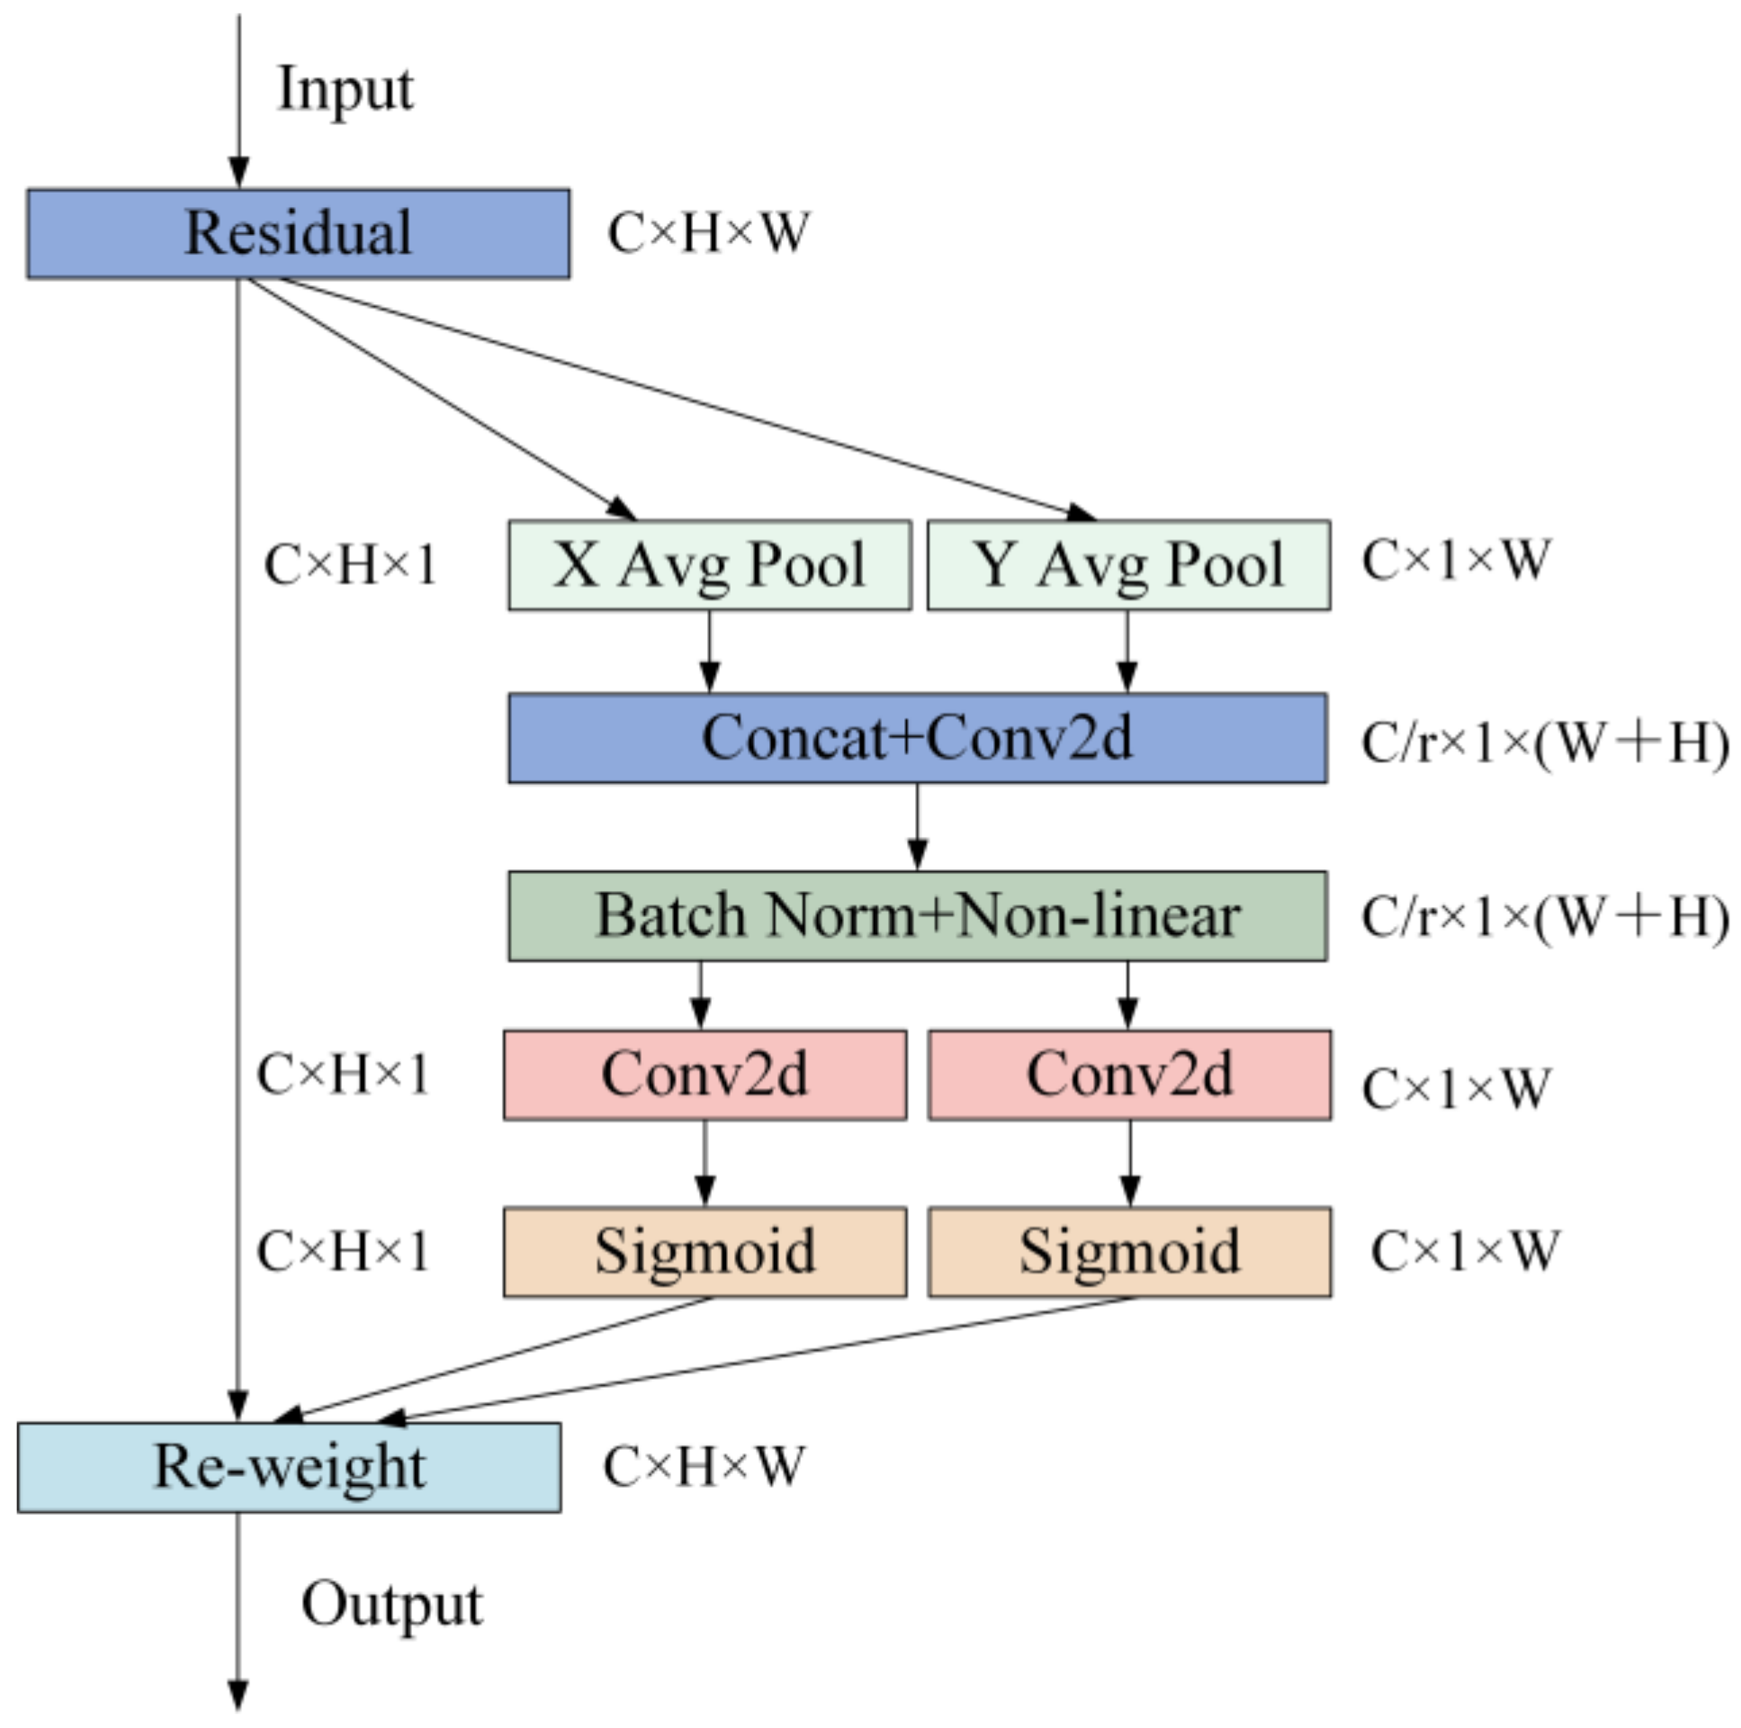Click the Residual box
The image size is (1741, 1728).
click(x=298, y=233)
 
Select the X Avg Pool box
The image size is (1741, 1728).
click(x=709, y=565)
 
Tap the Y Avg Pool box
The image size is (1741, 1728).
click(x=1128, y=565)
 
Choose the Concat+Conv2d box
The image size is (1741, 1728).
click(x=917, y=738)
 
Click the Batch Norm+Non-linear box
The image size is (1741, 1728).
click(x=917, y=916)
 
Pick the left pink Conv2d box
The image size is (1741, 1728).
click(x=704, y=1075)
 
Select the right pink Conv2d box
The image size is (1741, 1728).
click(x=1129, y=1075)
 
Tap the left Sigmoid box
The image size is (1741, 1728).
click(x=704, y=1252)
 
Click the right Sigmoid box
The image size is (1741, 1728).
click(x=1129, y=1252)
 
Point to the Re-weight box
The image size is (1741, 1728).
click(x=288, y=1468)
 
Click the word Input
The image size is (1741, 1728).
click(x=346, y=89)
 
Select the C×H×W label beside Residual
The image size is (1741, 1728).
click(x=708, y=233)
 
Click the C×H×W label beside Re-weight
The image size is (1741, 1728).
click(x=703, y=1467)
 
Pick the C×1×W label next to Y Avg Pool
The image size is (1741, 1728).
click(x=1456, y=560)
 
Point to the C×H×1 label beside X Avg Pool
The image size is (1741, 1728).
click(x=350, y=566)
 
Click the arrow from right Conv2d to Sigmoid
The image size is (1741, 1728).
click(x=1130, y=1163)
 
